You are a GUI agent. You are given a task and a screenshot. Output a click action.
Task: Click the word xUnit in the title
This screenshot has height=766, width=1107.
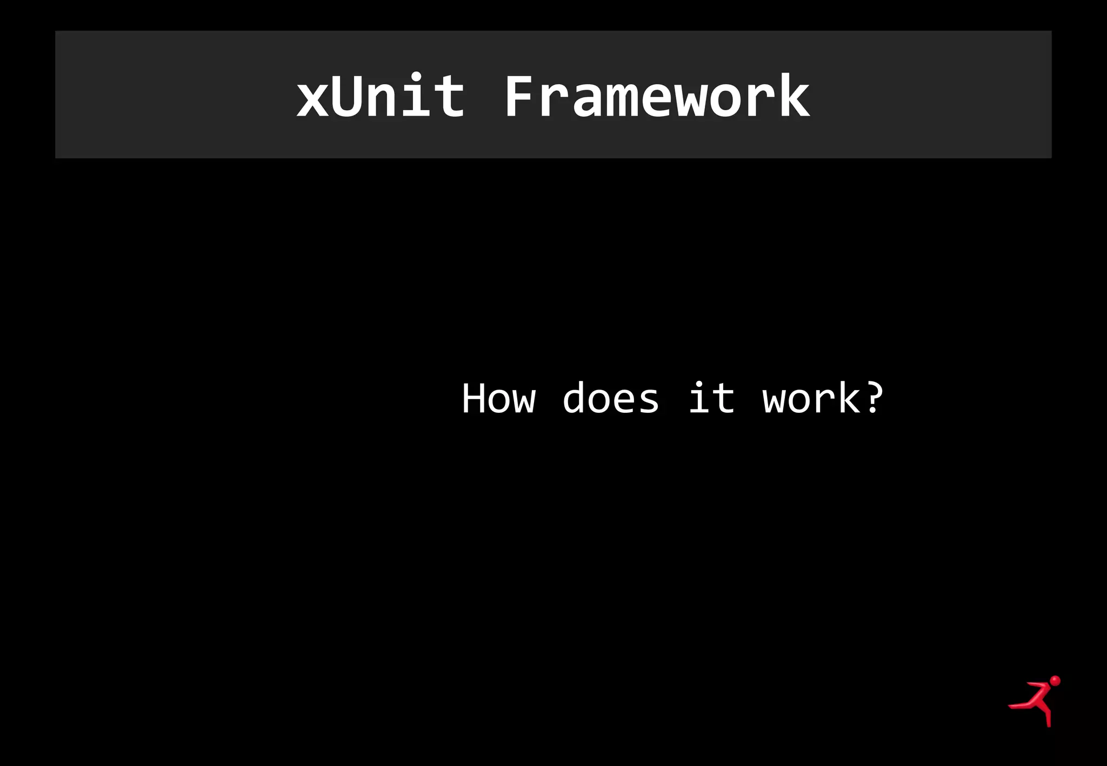380,96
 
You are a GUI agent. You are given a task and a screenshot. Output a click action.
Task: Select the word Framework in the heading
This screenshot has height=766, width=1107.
656,96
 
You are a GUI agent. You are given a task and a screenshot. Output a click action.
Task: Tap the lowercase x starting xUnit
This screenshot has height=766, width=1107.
313,99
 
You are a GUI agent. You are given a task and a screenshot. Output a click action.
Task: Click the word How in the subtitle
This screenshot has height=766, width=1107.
498,399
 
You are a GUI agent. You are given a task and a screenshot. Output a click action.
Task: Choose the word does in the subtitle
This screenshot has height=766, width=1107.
611,399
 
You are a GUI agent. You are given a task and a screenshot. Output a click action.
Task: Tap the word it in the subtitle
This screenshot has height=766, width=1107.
711,399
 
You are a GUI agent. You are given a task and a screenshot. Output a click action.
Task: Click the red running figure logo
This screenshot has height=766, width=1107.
1036,701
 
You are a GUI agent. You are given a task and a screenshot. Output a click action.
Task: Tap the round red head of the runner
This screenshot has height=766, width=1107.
1055,681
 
